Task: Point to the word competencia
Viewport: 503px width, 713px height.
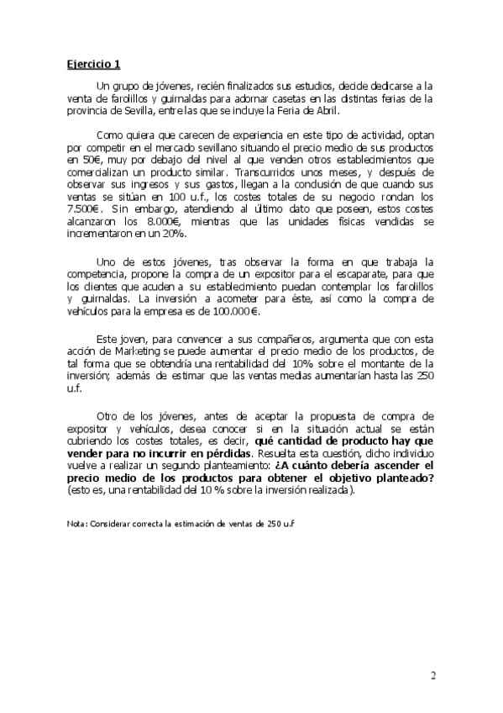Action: point(100,275)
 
